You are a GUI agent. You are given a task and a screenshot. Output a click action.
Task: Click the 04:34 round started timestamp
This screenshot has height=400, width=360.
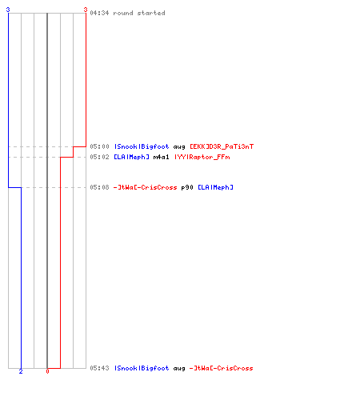pyautogui.click(x=127, y=13)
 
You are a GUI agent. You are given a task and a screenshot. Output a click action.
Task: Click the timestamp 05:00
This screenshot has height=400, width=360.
pyautogui.click(x=99, y=146)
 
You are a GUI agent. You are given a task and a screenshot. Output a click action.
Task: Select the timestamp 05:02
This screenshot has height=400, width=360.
pyautogui.click(x=99, y=157)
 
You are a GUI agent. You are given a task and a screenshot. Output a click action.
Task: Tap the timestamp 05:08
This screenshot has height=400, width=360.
pyautogui.click(x=99, y=187)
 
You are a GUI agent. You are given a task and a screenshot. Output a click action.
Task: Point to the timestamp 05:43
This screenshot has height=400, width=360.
pyautogui.click(x=99, y=368)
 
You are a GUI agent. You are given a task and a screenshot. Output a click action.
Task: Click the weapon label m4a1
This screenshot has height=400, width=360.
pyautogui.click(x=161, y=157)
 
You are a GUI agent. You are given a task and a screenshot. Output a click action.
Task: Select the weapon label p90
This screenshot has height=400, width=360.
pyautogui.click(x=187, y=187)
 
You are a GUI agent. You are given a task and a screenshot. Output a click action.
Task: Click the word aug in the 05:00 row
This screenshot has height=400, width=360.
pyautogui.click(x=179, y=147)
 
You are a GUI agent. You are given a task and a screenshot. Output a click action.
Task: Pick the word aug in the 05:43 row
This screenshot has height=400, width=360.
pyautogui.click(x=179, y=369)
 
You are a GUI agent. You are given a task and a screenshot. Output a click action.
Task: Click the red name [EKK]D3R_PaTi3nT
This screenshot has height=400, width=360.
pyautogui.click(x=222, y=146)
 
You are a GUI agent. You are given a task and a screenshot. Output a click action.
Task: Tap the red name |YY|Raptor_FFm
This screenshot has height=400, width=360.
pyautogui.click(x=202, y=157)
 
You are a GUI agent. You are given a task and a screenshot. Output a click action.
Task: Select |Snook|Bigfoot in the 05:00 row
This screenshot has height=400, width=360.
pyautogui.click(x=142, y=146)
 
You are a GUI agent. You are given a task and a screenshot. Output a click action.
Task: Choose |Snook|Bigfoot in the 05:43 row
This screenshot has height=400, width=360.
pyautogui.click(x=142, y=368)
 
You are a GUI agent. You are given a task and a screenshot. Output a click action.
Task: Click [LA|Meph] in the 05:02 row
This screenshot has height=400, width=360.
pyautogui.click(x=131, y=157)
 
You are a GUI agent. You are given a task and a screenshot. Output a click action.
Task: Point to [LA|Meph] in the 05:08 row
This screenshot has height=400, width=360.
pyautogui.click(x=215, y=187)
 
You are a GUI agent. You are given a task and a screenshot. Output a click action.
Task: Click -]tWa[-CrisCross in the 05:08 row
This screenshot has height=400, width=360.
pyautogui.click(x=145, y=187)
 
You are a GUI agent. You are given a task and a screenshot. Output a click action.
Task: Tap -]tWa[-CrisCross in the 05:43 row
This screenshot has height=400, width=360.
pyautogui.click(x=221, y=368)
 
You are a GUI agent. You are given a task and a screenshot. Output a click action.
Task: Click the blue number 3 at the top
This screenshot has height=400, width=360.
pyautogui.click(x=8, y=10)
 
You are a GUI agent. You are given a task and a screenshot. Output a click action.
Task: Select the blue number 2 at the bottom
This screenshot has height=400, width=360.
pyautogui.click(x=21, y=371)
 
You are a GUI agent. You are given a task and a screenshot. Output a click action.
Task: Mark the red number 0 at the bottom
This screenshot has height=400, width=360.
pyautogui.click(x=47, y=371)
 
